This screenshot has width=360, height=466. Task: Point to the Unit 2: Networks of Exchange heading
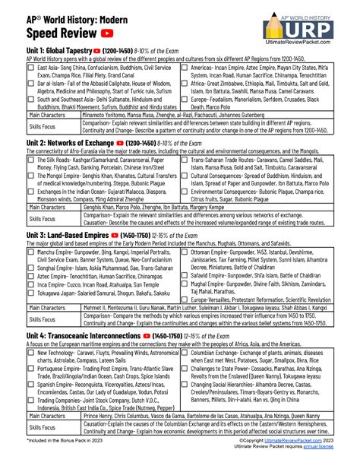point(56,142)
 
